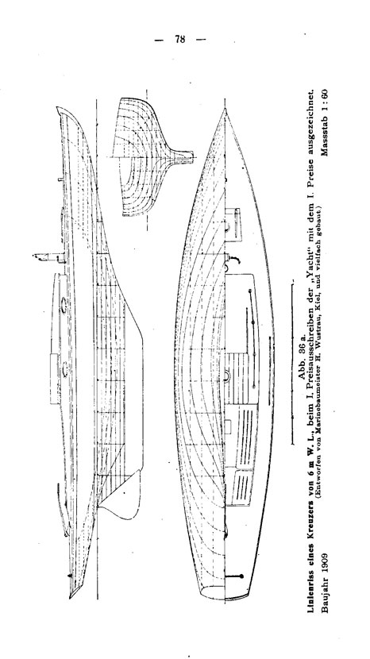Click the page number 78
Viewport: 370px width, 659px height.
tap(179, 39)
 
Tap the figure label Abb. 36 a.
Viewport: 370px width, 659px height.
tap(302, 359)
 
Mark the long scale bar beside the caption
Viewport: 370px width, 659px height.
tap(292, 364)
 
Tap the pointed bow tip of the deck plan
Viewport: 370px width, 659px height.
tap(225, 110)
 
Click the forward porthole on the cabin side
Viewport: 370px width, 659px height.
tap(64, 305)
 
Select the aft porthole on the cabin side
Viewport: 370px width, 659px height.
tap(65, 368)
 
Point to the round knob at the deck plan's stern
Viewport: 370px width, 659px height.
tap(241, 576)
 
